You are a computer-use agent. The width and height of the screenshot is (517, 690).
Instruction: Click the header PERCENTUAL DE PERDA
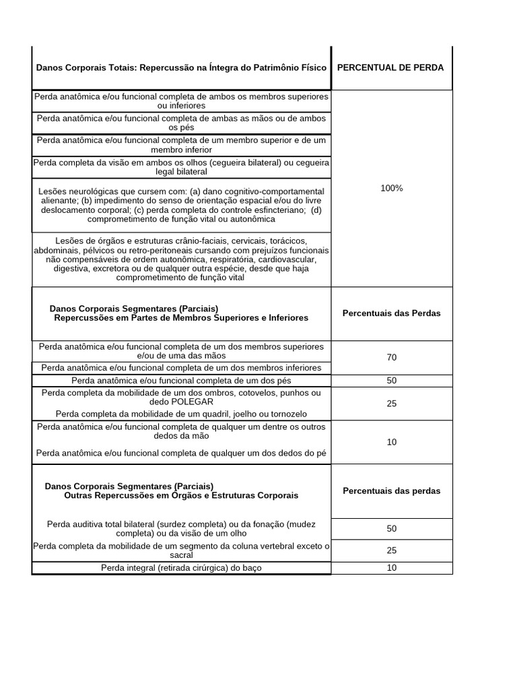[x=390, y=67]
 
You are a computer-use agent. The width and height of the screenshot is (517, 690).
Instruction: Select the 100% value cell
[x=391, y=188]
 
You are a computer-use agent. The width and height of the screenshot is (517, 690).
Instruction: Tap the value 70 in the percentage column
[x=391, y=358]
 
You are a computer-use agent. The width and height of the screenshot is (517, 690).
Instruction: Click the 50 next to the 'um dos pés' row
[x=391, y=381]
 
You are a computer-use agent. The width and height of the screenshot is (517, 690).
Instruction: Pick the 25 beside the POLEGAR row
[x=391, y=404]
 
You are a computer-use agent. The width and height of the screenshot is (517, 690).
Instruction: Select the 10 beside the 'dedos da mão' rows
[x=391, y=442]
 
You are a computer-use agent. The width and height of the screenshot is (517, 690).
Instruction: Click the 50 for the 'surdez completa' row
[x=391, y=529]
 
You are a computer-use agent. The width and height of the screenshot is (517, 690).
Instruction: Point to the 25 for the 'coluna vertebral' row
[x=391, y=551]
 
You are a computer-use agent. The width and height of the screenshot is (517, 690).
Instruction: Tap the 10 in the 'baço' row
[x=391, y=568]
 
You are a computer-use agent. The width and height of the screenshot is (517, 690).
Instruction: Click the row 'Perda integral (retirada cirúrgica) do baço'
[x=181, y=568]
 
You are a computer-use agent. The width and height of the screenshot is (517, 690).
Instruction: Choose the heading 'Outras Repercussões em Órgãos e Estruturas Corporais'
[x=181, y=495]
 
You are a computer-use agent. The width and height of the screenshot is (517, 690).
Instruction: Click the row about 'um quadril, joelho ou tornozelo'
[x=181, y=414]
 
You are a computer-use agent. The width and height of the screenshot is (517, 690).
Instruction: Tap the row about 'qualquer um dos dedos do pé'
[x=181, y=453]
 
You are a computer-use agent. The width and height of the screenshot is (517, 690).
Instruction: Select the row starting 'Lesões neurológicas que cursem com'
[x=181, y=205]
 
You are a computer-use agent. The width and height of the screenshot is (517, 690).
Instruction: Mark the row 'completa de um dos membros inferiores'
[x=181, y=368]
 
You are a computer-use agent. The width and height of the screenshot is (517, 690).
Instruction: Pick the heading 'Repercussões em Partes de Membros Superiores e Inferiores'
[x=181, y=317]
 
